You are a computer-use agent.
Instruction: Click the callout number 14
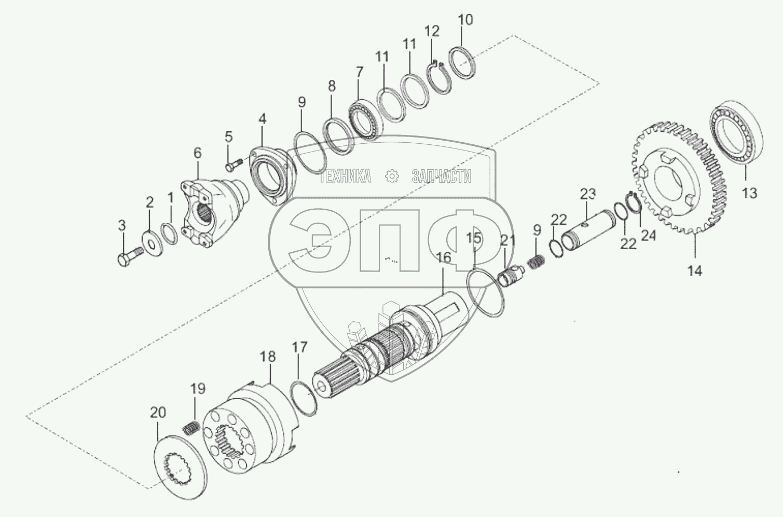pos(695,270)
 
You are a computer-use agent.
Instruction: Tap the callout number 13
pos(749,193)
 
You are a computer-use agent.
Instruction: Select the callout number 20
pos(158,413)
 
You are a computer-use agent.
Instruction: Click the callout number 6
pos(198,153)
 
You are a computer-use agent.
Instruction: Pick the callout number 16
pos(444,258)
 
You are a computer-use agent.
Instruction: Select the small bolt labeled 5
pos(234,165)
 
